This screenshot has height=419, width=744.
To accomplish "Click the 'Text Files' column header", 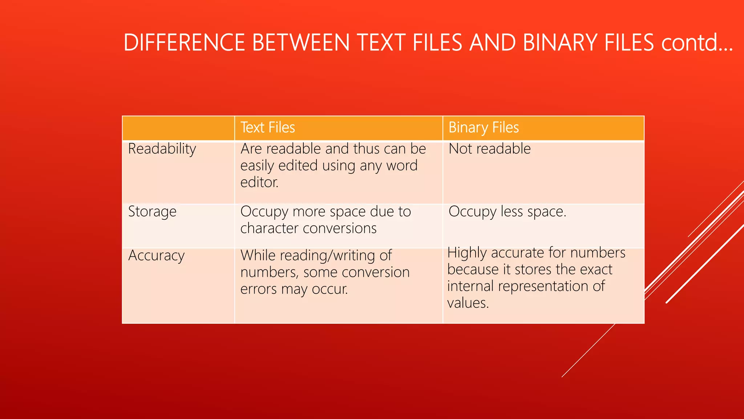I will tap(268, 128).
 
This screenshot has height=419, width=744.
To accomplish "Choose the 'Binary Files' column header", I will tap(484, 128).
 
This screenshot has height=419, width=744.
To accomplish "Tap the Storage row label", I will tap(152, 212).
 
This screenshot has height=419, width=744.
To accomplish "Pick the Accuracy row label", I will tap(156, 256).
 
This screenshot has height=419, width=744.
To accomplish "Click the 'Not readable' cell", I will tap(490, 149).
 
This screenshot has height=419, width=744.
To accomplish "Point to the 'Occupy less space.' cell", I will tap(508, 212).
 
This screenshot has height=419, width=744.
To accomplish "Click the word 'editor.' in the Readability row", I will tap(259, 182).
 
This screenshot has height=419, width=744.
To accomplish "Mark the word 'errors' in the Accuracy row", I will tap(259, 289).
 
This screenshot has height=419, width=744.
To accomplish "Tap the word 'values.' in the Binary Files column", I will tap(468, 303).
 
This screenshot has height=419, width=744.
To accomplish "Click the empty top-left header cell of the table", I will tap(178, 128).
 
